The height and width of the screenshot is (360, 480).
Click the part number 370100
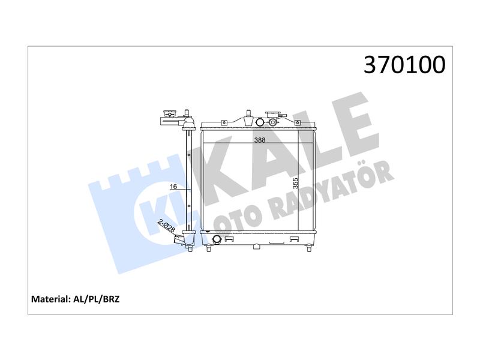404,65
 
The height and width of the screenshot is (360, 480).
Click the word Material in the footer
50,299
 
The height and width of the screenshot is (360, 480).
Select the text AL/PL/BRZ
96,299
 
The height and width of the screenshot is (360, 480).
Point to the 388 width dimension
260,140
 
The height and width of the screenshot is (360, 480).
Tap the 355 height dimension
295,183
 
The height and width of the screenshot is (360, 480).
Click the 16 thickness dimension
173,187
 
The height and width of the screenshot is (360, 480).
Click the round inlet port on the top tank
260,122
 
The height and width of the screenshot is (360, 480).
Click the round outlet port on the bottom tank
217,239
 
